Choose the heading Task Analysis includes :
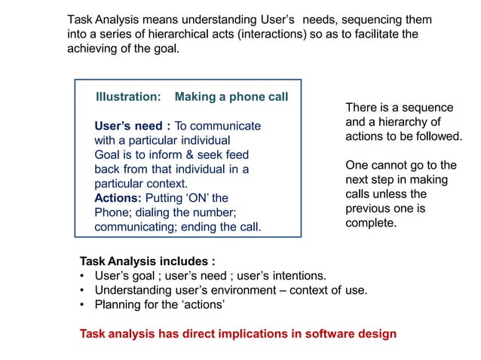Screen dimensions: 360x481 [x=148, y=262]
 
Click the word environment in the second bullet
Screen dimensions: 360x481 [x=229, y=291]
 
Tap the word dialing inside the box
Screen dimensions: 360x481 [x=154, y=212]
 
